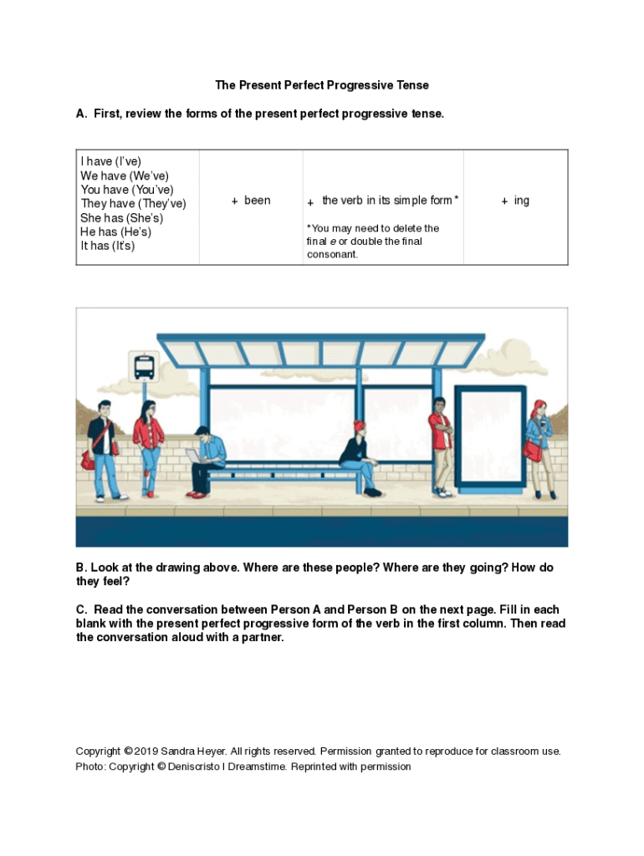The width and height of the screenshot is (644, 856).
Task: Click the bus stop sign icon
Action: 143,365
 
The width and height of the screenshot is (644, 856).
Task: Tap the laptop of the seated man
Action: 193,455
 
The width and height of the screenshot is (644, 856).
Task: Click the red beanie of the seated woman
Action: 359,425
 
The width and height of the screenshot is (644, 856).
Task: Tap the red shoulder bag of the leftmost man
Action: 88,459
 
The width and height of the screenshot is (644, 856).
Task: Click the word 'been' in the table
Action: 257,201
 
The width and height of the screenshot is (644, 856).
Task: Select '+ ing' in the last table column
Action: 515,201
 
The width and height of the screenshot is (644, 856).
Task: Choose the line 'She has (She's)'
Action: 121,217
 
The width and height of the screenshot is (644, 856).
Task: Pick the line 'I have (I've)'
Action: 110,161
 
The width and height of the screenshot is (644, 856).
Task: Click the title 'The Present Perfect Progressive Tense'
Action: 322,85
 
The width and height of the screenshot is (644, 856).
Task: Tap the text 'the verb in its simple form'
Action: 386,201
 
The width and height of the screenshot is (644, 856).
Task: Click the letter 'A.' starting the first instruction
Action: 81,114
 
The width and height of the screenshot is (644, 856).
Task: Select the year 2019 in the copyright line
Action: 146,751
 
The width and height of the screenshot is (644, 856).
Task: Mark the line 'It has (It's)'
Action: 107,246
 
